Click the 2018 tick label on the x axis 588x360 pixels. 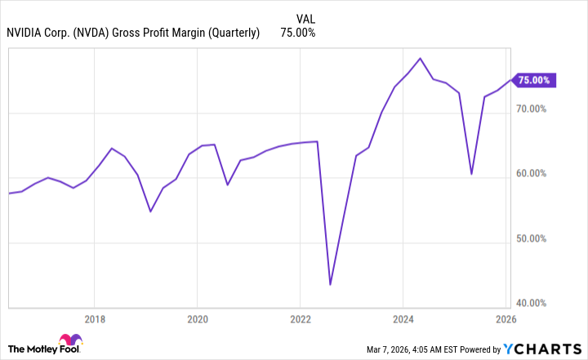pos(95,319)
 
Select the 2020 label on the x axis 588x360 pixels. pos(198,319)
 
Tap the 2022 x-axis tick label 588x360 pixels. pos(301,319)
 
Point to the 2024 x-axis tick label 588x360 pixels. pos(403,319)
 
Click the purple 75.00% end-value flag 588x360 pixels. pos(535,80)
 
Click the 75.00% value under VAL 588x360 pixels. pos(298,33)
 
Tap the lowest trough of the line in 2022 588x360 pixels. pos(330,284)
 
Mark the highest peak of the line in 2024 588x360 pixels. pos(420,59)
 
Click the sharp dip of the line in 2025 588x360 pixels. pos(471,174)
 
